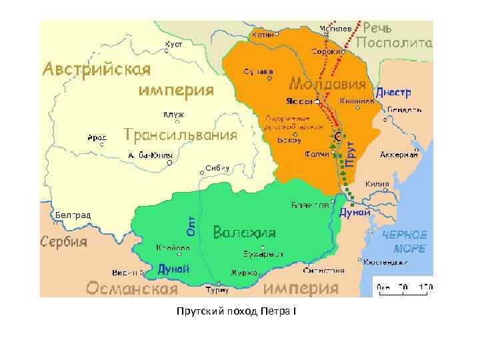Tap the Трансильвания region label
181,135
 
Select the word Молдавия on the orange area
327,85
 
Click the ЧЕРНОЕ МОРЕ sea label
404,241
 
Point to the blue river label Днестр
393,91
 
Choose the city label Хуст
174,44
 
